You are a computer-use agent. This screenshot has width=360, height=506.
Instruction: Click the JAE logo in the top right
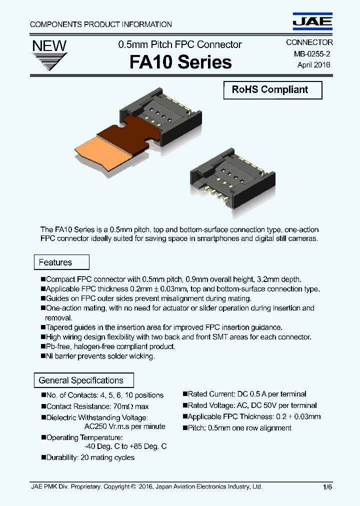coord(312,20)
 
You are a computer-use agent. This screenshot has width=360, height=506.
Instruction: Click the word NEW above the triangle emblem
coord(49,46)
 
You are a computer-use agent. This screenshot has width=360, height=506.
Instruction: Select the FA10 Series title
coord(180,62)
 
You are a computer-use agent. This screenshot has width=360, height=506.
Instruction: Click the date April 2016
coord(313,64)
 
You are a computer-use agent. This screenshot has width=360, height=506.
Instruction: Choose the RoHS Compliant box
coord(272,90)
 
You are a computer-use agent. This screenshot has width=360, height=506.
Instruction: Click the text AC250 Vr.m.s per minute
coord(125,426)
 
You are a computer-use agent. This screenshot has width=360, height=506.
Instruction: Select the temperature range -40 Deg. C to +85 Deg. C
coord(125,446)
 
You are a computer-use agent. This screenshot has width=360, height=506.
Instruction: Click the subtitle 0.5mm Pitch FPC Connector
coord(180,44)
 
